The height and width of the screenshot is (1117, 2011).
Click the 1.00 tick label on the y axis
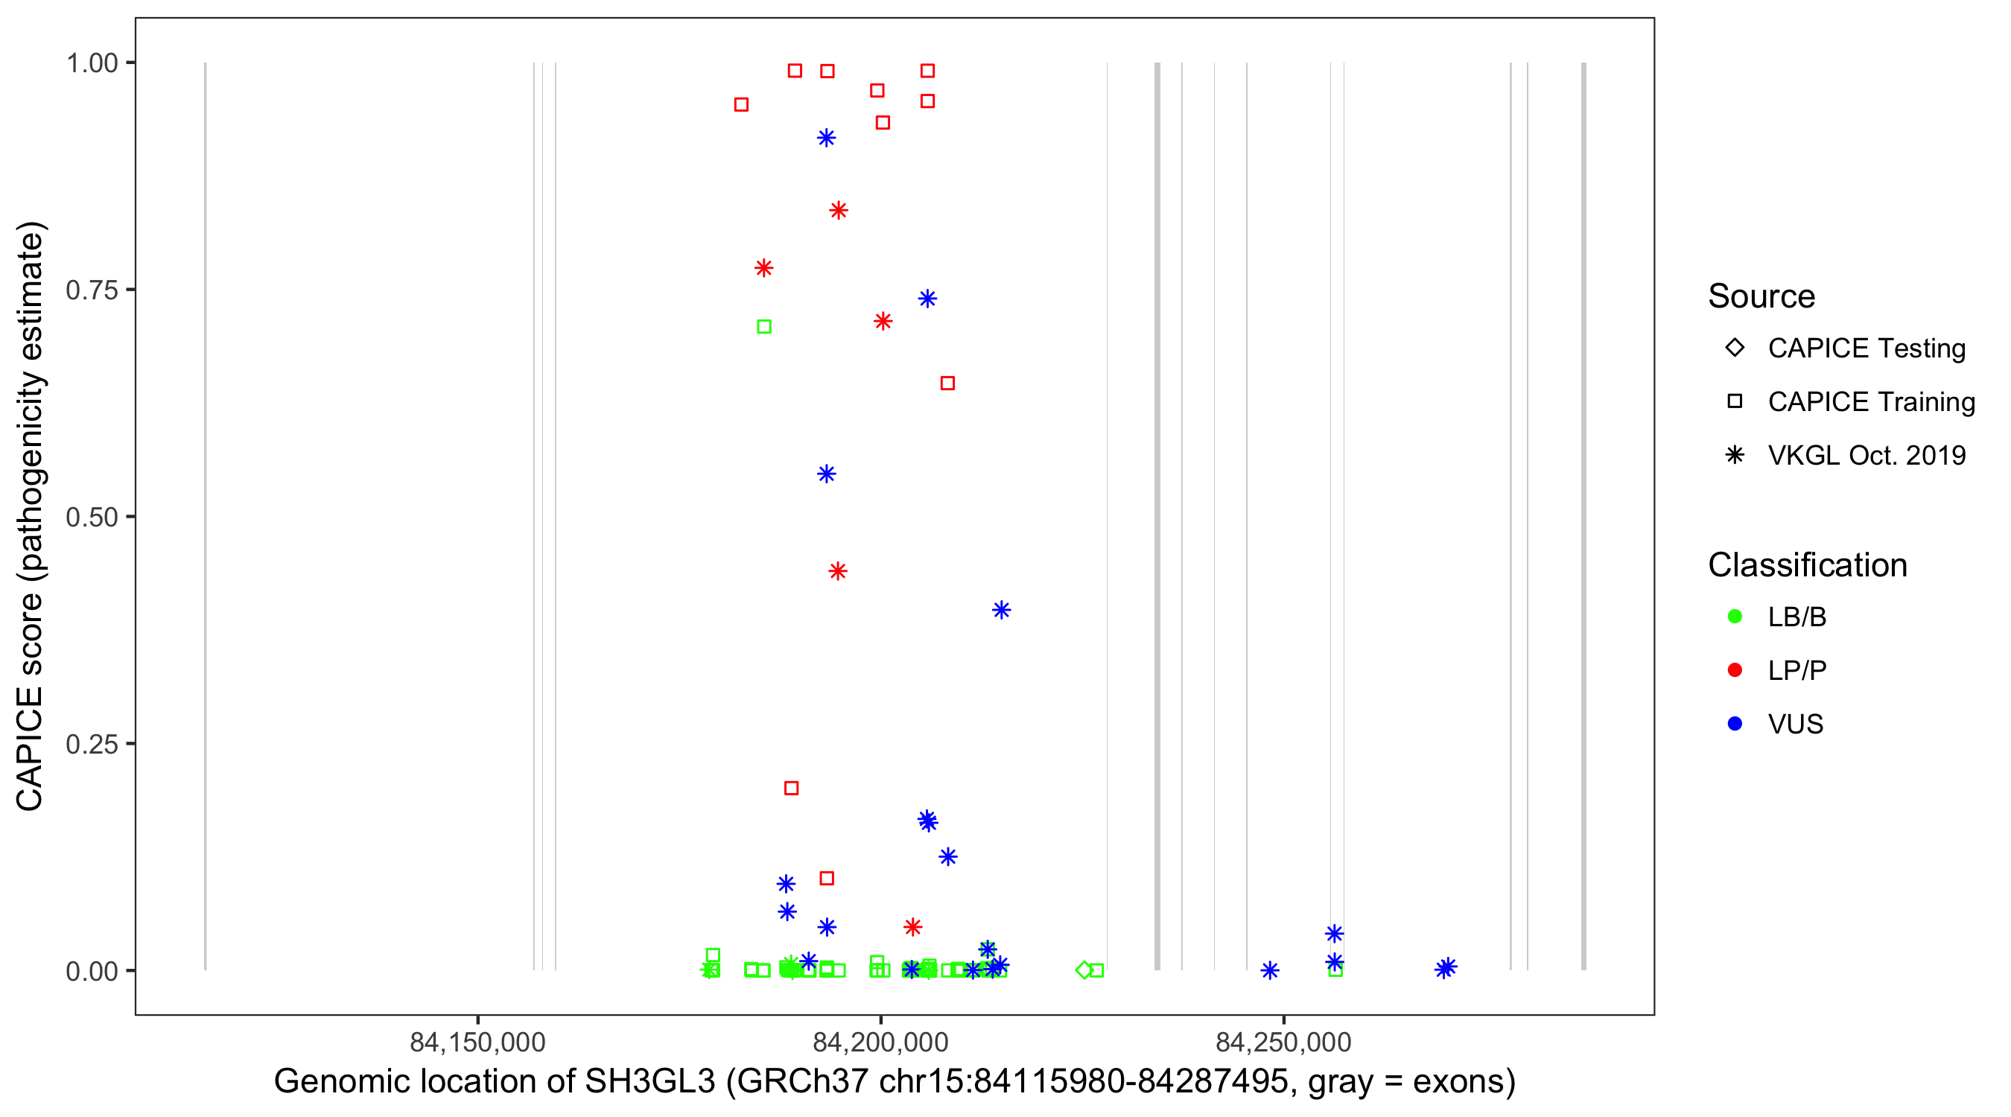coord(92,63)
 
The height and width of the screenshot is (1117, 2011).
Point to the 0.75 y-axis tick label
coord(92,290)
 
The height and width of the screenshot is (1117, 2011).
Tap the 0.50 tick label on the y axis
coord(92,518)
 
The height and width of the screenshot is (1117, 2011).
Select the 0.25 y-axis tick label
coord(92,744)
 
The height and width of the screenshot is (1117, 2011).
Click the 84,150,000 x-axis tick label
coord(477,1042)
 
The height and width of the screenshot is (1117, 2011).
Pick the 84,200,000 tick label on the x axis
coord(880,1042)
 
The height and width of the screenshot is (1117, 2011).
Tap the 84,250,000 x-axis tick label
coord(1283,1042)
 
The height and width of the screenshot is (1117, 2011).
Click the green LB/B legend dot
coord(1735,617)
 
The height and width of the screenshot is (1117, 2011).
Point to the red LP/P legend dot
coord(1735,670)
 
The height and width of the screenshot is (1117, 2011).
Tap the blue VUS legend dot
coord(1735,725)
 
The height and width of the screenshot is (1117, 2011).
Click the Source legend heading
coord(1761,296)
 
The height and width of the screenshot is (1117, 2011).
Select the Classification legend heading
coord(1807,565)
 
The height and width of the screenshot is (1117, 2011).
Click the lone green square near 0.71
coord(764,327)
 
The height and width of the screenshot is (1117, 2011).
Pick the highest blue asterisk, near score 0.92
coord(826,139)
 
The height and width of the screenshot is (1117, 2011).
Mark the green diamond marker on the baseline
coord(1084,970)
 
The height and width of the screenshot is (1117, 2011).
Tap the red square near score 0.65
coord(947,384)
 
